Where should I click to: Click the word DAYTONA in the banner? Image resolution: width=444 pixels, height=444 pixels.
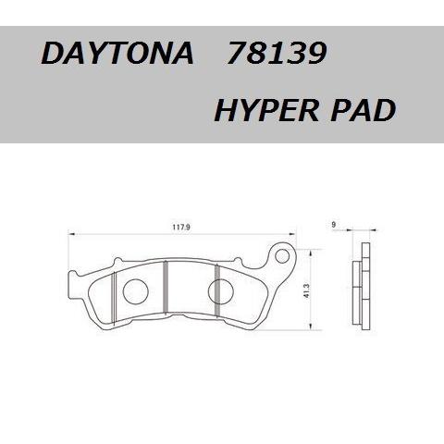[116, 55]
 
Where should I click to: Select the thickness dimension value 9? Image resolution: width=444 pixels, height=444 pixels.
[332, 224]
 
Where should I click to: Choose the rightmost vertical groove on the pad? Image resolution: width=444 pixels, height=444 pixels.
[216, 289]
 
